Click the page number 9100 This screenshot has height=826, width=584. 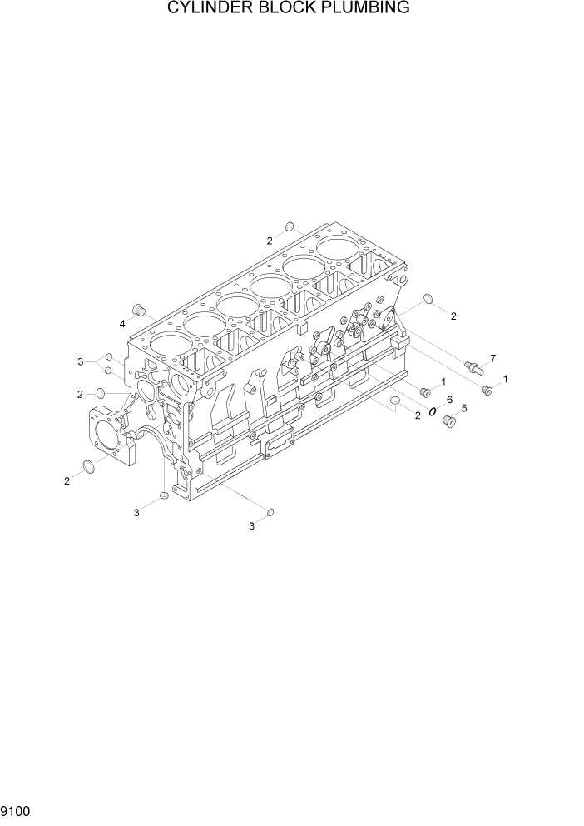16,809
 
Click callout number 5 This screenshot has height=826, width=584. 463,408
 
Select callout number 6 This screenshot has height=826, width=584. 449,400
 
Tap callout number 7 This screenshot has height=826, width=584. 492,358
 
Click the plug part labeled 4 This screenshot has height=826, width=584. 140,311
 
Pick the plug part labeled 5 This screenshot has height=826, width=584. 450,422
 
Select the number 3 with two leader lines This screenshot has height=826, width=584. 81,361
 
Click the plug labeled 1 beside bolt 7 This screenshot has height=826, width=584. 487,389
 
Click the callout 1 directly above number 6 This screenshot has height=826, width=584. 443,381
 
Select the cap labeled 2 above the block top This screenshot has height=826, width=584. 289,226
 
